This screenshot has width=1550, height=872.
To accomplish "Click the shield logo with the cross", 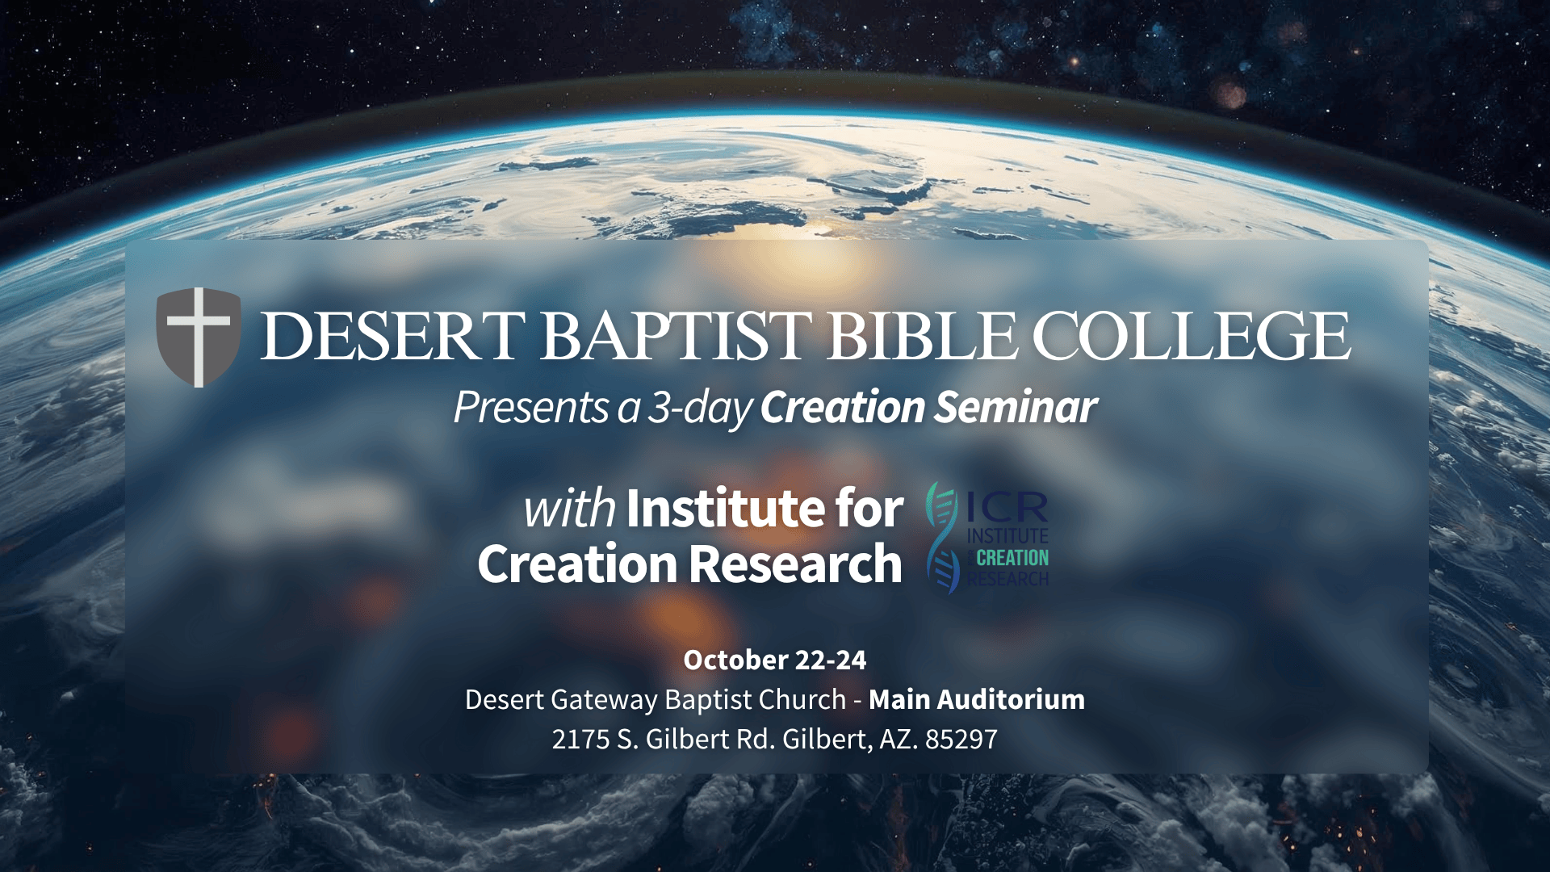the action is coord(198,337).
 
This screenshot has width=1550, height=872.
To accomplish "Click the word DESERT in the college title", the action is coord(393,336).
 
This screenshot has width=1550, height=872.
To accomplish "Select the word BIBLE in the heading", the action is coord(922,336).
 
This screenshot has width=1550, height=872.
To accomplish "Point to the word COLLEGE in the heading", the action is coord(1192,336).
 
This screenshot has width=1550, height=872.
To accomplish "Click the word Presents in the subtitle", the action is coord(531,407).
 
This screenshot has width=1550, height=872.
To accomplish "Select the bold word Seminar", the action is coord(1016,407).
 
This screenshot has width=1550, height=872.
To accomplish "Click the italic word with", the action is coord(569,509).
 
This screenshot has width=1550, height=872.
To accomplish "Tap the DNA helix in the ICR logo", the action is coord(942,538).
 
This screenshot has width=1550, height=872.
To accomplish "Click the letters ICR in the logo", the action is coord(1007,507).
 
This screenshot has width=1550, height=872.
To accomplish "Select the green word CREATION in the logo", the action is coord(1012,558).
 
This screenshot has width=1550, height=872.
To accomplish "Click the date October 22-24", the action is coord(775,660).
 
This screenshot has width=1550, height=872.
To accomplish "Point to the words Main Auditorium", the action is coord(977,699).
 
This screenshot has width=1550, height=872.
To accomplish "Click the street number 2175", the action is coord(580,739).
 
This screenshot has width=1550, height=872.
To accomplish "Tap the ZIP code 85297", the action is coord(961,739).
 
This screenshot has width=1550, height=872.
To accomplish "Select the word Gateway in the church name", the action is coord(605,700).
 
